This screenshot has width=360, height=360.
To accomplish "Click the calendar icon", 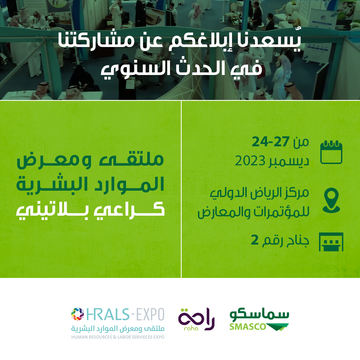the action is coord(331,152).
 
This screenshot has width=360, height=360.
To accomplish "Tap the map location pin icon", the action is coord(331,200).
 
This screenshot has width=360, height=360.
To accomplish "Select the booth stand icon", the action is coord(331,242).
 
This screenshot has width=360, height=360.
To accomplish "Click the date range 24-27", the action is coord(270,142).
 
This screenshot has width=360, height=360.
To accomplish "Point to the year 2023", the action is coord(250,161).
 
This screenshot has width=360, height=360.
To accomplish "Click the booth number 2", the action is coord(255,240).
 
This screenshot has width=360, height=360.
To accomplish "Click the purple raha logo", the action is coord(196,319).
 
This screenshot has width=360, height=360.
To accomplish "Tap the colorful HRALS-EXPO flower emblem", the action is coord(78,314).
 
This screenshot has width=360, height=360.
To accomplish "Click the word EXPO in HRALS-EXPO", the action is coord(150,314).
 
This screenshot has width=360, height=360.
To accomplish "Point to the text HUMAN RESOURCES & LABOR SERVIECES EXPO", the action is coord(118,337).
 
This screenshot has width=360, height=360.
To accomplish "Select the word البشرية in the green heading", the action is coord(52,184).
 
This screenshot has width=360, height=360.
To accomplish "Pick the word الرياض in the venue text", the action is coord(267,193).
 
